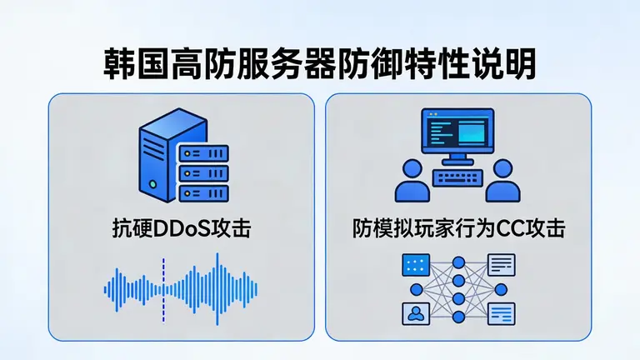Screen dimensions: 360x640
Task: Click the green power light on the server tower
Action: [151, 183]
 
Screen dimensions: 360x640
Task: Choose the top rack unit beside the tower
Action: [202, 154]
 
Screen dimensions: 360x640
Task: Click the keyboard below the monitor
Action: [456, 177]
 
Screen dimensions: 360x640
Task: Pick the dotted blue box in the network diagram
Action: [414, 266]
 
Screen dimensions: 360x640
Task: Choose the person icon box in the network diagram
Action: [414, 313]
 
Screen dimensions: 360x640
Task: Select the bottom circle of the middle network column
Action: [457, 318]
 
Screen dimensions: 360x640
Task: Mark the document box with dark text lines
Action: [501, 266]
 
